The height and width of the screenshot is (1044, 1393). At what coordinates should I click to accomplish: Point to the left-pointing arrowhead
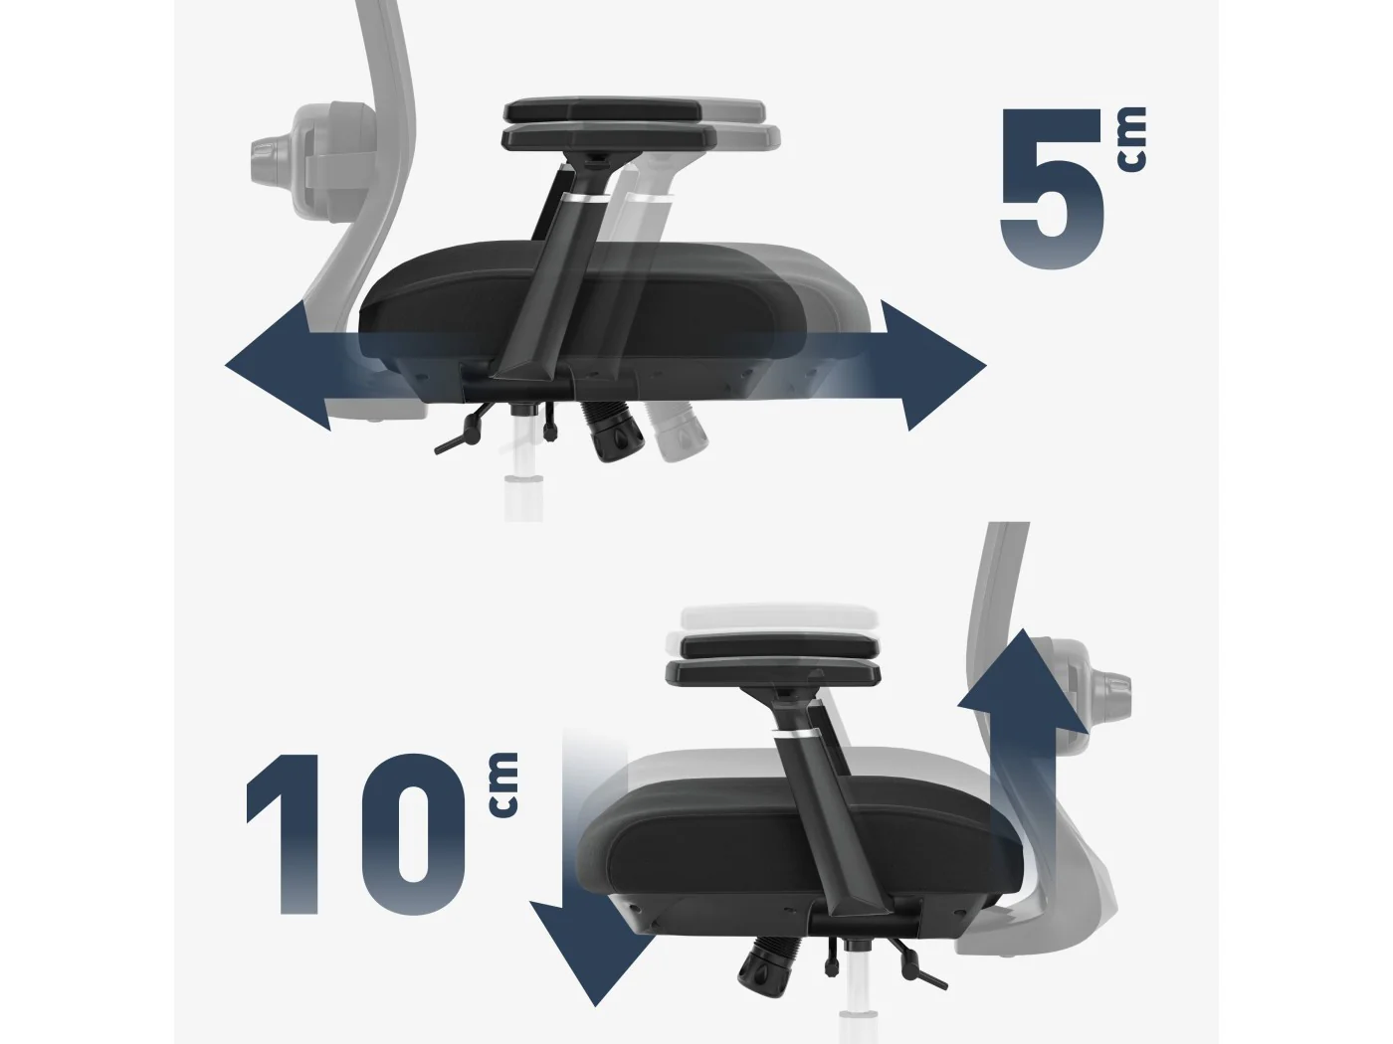278,366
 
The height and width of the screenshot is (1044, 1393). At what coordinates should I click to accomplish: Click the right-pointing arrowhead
933,366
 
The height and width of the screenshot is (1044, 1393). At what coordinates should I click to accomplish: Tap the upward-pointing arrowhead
1021,691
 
